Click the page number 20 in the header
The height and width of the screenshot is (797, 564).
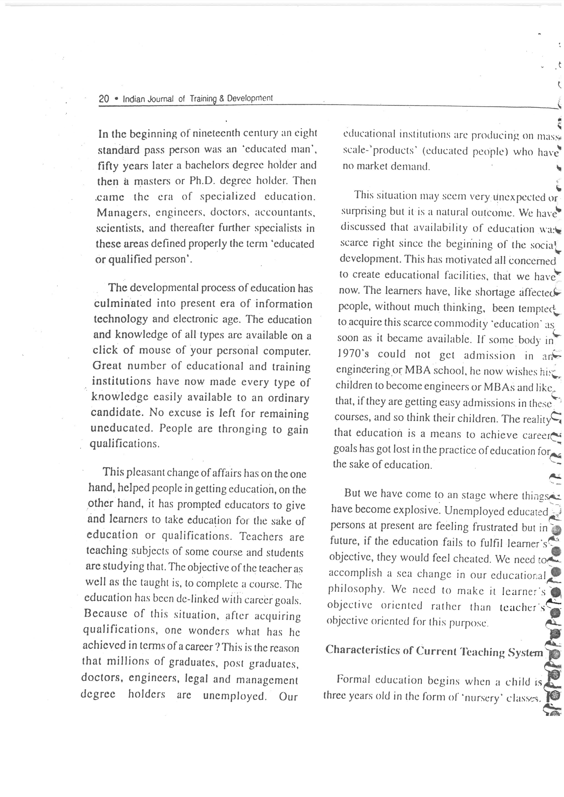pyautogui.click(x=104, y=99)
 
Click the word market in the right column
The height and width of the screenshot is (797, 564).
pyautogui.click(x=374, y=166)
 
